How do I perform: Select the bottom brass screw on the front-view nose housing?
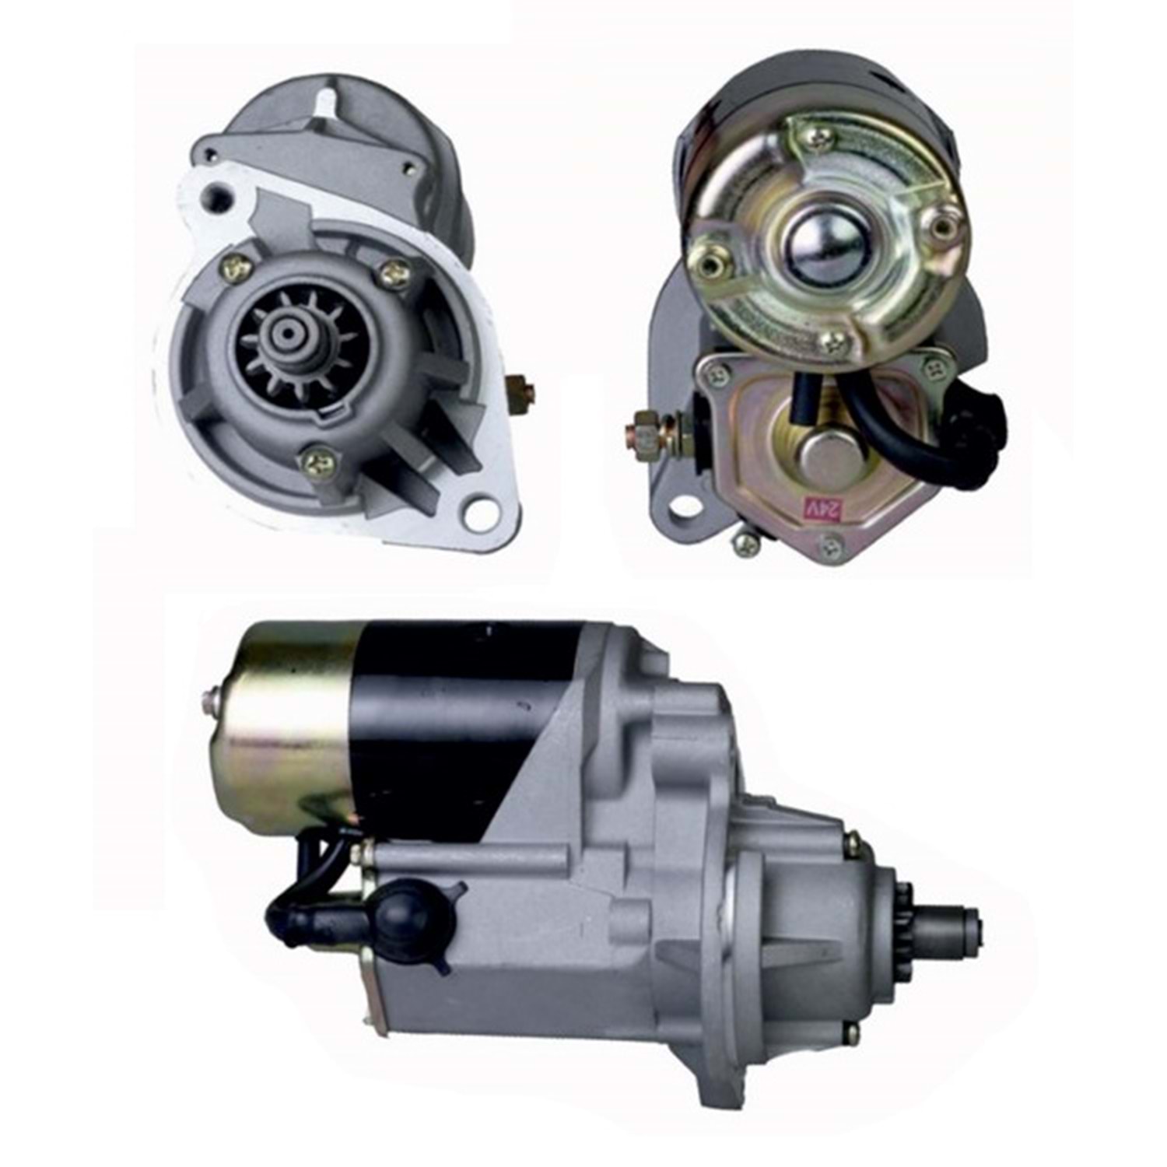[319, 464]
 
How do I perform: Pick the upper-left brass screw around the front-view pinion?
[237, 268]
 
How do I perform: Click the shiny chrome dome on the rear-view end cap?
[818, 249]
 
